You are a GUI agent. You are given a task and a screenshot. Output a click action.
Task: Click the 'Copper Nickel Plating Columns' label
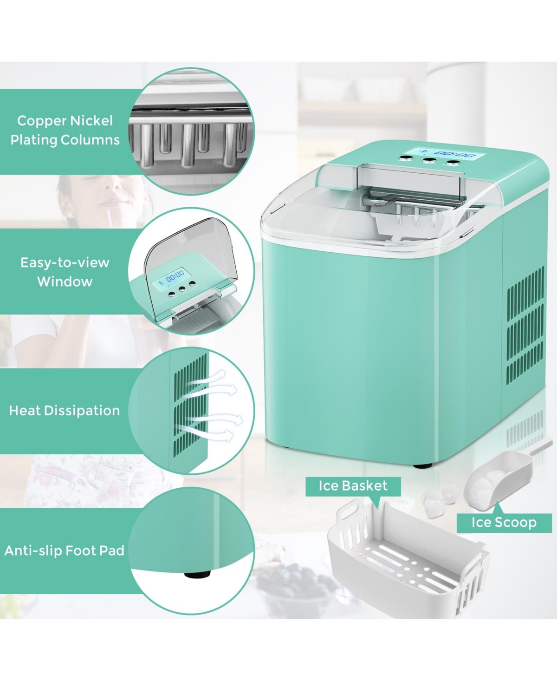pyautogui.click(x=65, y=130)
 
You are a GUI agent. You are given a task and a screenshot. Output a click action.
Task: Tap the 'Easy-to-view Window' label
pyautogui.click(x=65, y=272)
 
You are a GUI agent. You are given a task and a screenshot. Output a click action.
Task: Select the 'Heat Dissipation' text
pyautogui.click(x=65, y=411)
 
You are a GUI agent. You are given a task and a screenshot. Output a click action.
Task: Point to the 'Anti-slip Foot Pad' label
pyautogui.click(x=65, y=550)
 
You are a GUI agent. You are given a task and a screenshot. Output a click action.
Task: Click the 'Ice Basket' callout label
pyautogui.click(x=353, y=486)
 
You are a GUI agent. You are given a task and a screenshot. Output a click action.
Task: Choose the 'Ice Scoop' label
pyautogui.click(x=504, y=522)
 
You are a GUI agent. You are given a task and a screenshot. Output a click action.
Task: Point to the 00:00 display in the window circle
pyautogui.click(x=175, y=274)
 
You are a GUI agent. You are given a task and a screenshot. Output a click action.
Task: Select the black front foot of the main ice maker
pyautogui.click(x=423, y=465)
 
